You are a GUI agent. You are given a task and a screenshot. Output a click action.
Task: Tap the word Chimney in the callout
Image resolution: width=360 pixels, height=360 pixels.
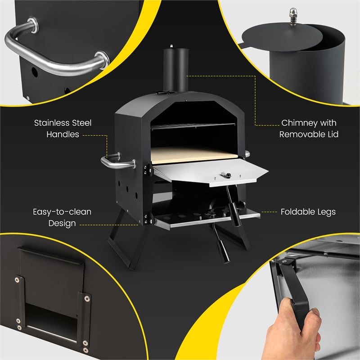(298, 123)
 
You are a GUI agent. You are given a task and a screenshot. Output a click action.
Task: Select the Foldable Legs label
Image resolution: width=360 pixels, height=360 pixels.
(308, 211)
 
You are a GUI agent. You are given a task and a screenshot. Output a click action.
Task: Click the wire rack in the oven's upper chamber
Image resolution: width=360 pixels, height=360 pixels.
(193, 126)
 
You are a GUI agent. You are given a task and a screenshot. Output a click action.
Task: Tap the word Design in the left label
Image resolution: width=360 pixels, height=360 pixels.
(63, 223)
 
